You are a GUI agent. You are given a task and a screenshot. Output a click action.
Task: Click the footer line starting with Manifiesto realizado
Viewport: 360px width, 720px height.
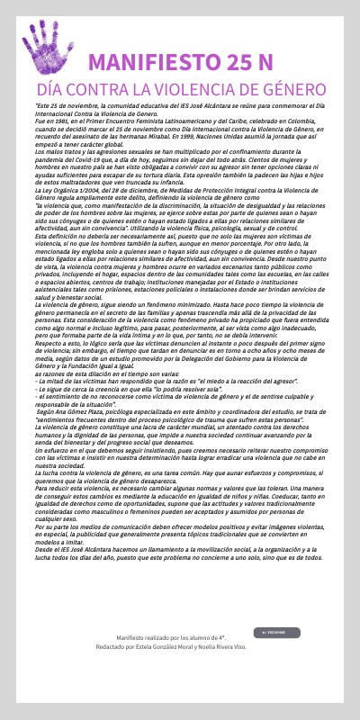[180, 635]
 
